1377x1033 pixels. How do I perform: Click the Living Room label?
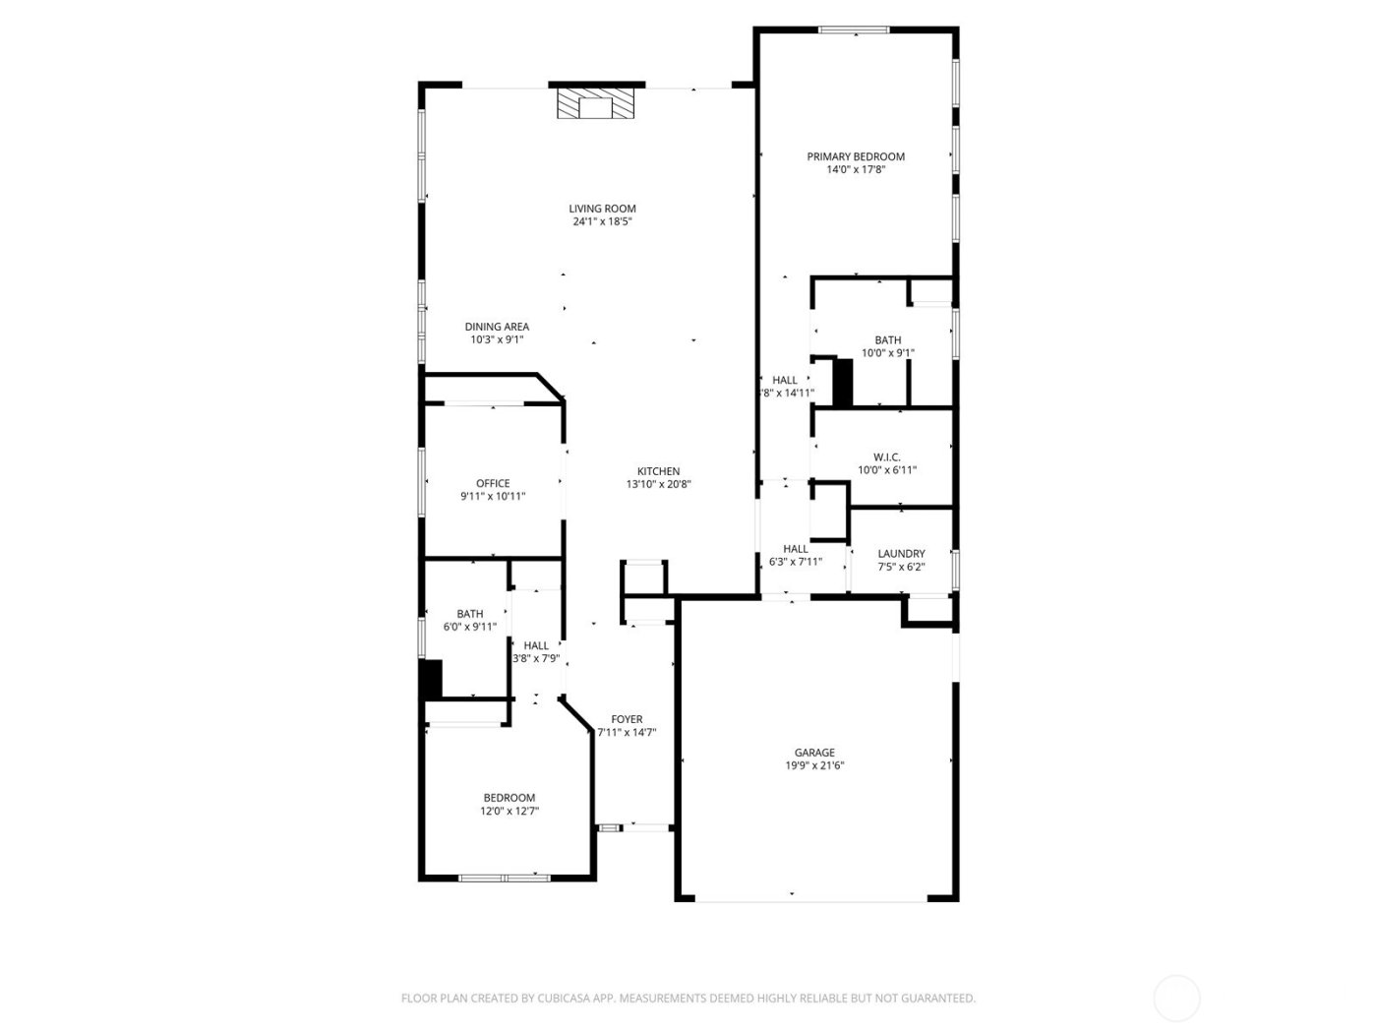point(602,209)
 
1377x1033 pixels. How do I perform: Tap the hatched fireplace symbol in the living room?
point(595,104)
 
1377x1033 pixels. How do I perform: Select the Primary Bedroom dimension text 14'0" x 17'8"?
point(856,169)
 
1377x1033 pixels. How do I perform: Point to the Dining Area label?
point(497,327)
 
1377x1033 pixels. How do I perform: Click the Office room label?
point(493,483)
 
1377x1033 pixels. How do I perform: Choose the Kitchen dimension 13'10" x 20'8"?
point(658,484)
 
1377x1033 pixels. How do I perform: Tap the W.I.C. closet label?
point(887,457)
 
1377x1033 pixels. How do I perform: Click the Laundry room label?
point(901,554)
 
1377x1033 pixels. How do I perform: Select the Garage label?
point(814,753)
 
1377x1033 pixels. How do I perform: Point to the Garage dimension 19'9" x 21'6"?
point(814,765)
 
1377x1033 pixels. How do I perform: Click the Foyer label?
point(627,719)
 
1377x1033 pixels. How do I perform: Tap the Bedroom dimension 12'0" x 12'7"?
point(509,811)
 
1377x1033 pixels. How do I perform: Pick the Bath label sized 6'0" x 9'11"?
point(469,614)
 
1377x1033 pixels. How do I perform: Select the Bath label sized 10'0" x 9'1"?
point(887,340)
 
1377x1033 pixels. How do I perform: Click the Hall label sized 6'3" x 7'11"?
point(796,549)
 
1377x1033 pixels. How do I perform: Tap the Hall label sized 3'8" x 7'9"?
point(536,645)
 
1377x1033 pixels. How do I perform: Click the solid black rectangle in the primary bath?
point(842,383)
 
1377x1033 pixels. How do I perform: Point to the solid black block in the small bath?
point(431,679)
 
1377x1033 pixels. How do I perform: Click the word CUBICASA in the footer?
point(564,999)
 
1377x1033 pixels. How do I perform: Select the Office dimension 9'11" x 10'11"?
point(493,496)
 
